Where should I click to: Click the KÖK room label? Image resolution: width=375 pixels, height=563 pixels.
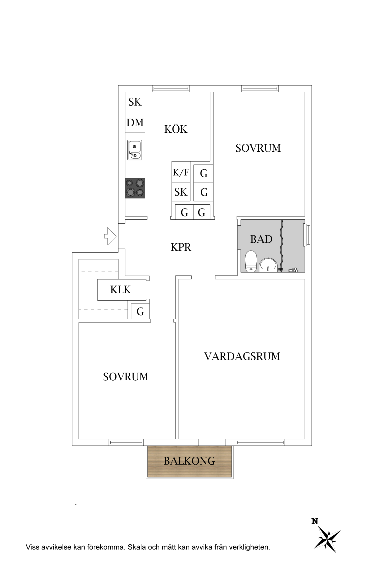176,129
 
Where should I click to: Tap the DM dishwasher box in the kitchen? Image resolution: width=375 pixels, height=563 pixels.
135,123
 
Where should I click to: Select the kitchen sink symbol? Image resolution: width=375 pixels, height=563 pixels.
135,150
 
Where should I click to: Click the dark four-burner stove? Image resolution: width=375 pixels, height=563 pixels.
135,188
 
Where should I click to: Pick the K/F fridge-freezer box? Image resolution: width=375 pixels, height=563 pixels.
181,172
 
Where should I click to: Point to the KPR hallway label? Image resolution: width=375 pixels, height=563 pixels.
181,247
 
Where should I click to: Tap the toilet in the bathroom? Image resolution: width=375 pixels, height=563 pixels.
251,261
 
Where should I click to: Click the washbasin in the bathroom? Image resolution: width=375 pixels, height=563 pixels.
268,265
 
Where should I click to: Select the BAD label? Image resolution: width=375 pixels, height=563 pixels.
261,239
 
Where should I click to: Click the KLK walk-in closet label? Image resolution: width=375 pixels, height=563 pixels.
120,290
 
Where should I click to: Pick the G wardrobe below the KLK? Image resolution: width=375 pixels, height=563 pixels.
140,312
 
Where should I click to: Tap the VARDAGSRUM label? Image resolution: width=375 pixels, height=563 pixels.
242,356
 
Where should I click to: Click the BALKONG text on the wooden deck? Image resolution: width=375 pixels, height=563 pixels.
189,461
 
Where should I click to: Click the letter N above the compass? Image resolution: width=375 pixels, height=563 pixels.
315,521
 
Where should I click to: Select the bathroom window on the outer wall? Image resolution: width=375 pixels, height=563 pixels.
308,235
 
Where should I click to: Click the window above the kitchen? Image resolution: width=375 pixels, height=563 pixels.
171,89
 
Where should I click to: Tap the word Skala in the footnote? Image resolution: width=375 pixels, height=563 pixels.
137,547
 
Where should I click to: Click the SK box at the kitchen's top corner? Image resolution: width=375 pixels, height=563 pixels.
135,102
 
